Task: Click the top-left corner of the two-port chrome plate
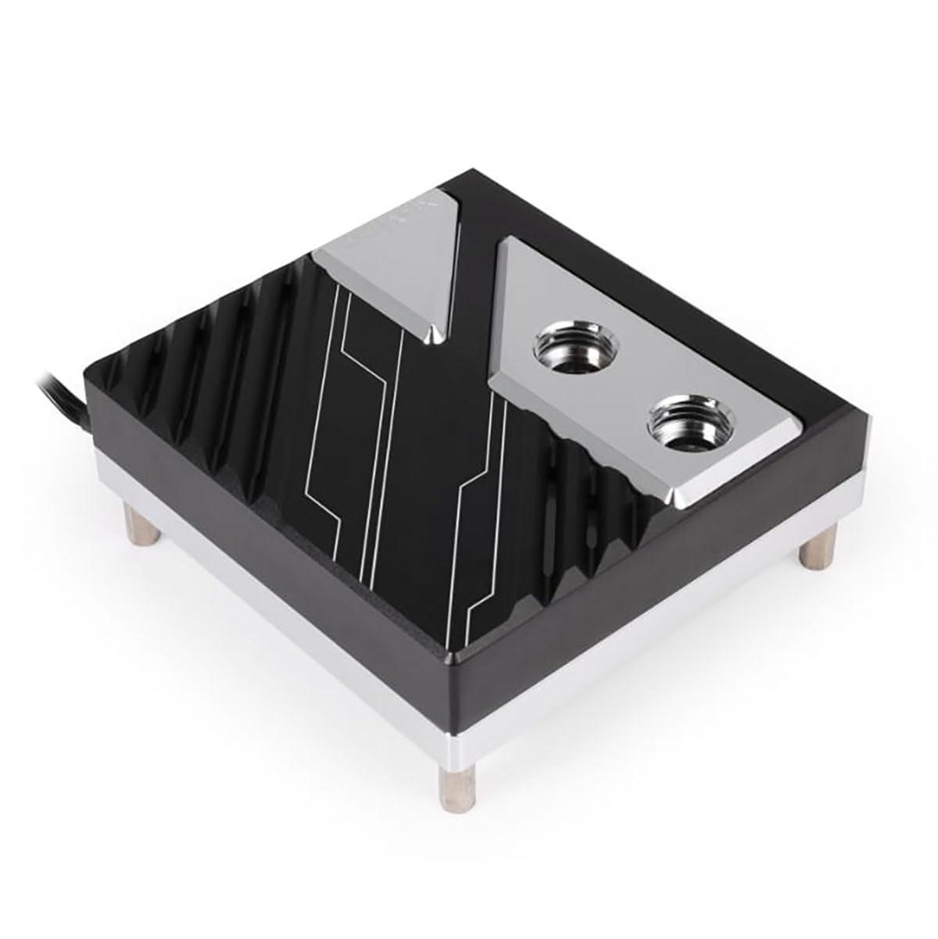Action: pyautogui.click(x=508, y=238)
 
